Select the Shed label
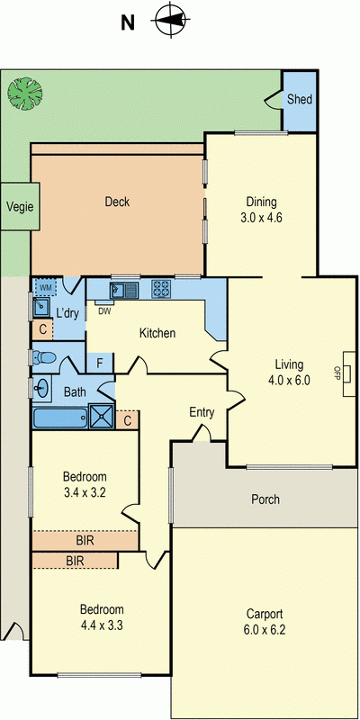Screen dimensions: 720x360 pyautogui.click(x=300, y=98)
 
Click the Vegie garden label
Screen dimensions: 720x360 pyautogui.click(x=20, y=206)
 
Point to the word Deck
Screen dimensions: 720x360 pyautogui.click(x=117, y=202)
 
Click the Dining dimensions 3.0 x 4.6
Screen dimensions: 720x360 pyautogui.click(x=262, y=217)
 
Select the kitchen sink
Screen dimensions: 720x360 pyautogui.click(x=122, y=290)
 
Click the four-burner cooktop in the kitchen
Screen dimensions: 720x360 pyautogui.click(x=161, y=290)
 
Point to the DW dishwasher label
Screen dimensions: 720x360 pyautogui.click(x=104, y=311)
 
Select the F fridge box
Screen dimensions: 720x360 pyautogui.click(x=100, y=364)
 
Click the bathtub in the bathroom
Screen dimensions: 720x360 pyautogui.click(x=60, y=418)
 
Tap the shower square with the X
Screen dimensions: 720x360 pyautogui.click(x=103, y=418)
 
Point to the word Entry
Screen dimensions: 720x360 pyautogui.click(x=202, y=412)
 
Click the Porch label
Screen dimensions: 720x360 pyautogui.click(x=265, y=499)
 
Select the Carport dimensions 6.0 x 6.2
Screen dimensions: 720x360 pyautogui.click(x=265, y=630)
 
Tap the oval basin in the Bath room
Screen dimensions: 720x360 pyautogui.click(x=42, y=389)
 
